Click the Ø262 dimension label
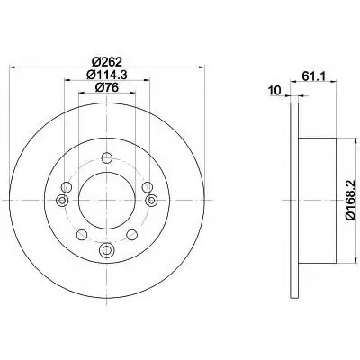click(107, 62)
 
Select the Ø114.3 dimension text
click(107, 75)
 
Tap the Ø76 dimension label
click(107, 87)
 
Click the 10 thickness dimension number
click(274, 90)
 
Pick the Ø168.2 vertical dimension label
click(350, 201)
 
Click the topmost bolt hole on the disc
click(107, 157)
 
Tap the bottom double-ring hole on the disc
click(107, 249)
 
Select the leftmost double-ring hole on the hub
click(62, 200)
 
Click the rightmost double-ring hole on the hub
click(151, 200)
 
